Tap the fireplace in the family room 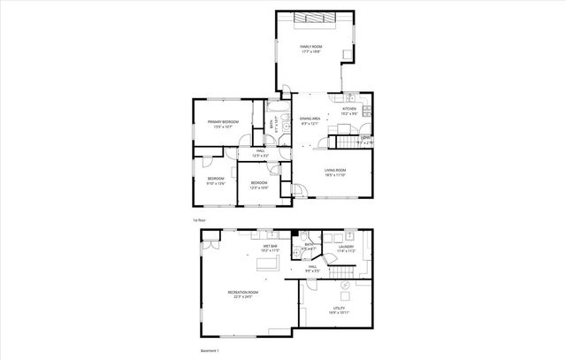(315, 19)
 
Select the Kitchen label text (348, 111)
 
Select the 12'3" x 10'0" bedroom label (258, 185)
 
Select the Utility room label (325, 310)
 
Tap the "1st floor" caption (199, 219)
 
